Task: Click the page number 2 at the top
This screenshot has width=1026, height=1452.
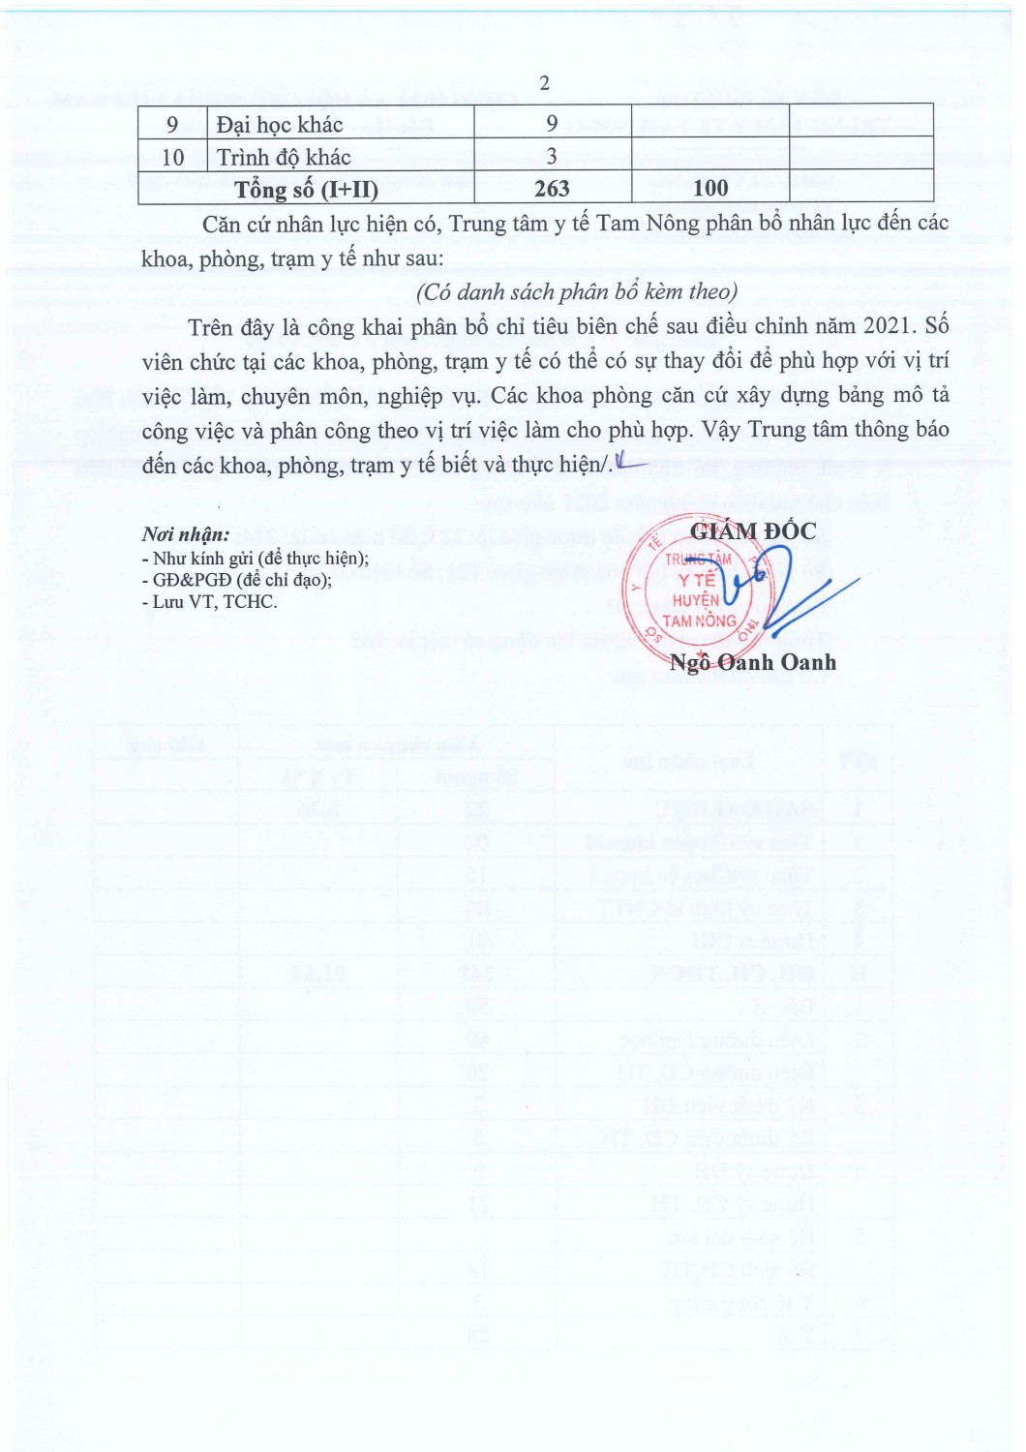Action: pos(544,83)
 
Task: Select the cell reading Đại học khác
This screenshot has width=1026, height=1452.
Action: pos(280,125)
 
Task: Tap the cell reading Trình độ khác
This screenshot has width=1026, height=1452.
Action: pos(284,157)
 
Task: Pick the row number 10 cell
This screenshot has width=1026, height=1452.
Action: pos(172,157)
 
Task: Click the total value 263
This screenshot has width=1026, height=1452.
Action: pos(552,189)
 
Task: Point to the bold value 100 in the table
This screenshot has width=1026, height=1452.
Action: pos(710,189)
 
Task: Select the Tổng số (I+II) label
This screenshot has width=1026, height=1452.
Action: pos(306,190)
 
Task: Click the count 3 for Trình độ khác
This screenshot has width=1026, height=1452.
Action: pos(552,157)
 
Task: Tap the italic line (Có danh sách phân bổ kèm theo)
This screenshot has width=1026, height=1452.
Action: pos(577,292)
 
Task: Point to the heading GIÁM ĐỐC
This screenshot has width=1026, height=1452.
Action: pos(753,530)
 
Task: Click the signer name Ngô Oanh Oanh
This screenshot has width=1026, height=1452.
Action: pos(753,662)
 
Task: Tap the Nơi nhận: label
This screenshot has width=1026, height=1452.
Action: pos(186,534)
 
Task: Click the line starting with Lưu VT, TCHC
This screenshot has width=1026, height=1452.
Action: pos(210,601)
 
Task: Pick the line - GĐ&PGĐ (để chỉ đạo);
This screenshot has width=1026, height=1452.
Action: pos(237,579)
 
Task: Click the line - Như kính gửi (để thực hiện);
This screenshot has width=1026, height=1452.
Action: pos(256,558)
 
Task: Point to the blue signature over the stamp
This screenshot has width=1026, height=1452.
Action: pos(774,586)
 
